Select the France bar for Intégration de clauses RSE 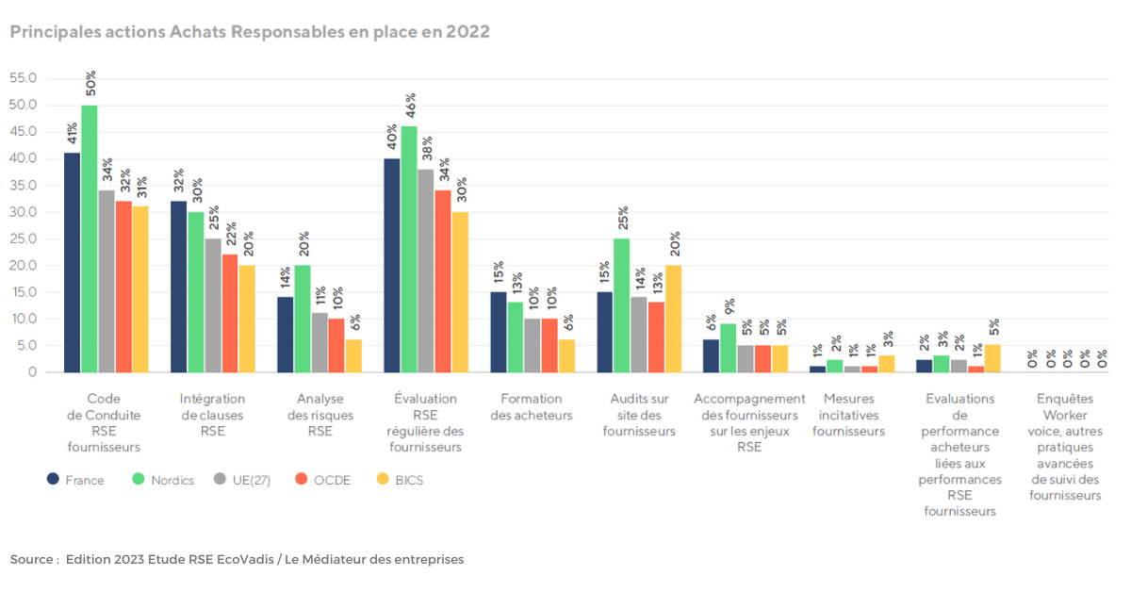tap(179, 287)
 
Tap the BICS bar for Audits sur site tap(674, 319)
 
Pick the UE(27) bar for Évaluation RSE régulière tap(426, 271)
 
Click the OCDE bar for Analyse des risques tap(336, 345)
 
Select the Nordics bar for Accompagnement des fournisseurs tap(729, 348)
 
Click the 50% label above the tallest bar tap(90, 83)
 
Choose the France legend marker tap(54, 479)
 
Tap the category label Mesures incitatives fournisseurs tap(848, 415)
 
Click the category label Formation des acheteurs tap(532, 406)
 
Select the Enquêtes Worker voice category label tap(1065, 447)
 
